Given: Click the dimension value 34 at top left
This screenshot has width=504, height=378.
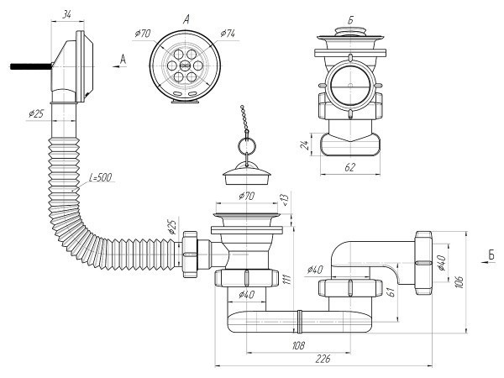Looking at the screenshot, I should coord(67,14).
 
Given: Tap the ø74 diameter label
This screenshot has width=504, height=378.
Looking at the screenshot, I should coord(227,34).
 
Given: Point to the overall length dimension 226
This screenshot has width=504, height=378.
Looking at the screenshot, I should coord(323,359).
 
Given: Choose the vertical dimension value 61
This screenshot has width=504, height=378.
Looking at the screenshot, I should coord(391,291).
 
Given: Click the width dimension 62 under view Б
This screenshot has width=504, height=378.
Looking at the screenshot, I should coord(350,168).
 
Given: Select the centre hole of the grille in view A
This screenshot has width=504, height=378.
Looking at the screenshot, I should coord(182,63).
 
